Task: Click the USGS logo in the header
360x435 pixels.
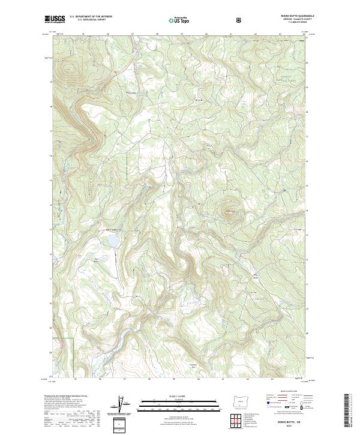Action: point(55,19)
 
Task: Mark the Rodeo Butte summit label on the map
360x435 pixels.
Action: point(229,211)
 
